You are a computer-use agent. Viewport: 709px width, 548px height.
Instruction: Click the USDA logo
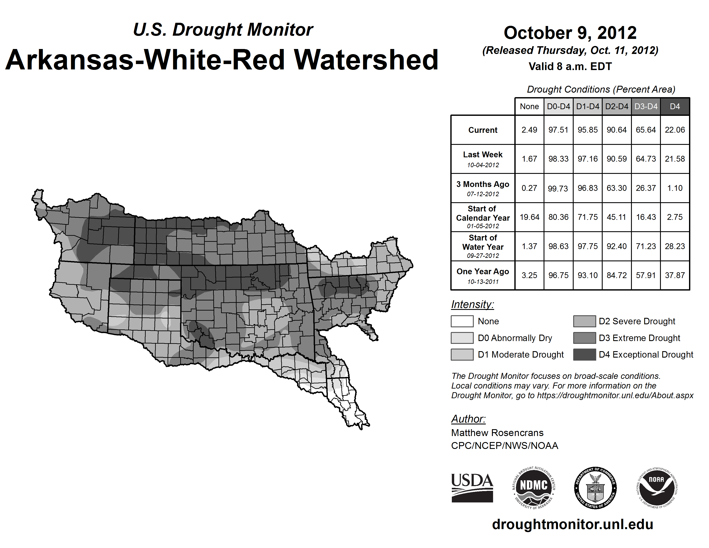[472, 488]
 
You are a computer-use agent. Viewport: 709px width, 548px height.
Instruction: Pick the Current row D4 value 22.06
[675, 130]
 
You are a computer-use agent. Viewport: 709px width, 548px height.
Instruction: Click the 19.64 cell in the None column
[529, 217]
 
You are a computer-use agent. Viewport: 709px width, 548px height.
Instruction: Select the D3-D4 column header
[646, 106]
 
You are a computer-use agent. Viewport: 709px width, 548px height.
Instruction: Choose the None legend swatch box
[462, 321]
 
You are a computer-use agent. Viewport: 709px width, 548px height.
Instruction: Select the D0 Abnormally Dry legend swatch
[462, 338]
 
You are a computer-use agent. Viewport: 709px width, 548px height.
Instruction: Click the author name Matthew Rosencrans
[497, 433]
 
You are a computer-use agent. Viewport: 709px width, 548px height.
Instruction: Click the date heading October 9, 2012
[570, 33]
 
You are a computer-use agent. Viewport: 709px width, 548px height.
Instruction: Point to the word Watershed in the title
[366, 60]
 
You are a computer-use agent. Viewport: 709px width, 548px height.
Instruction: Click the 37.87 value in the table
[675, 275]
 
